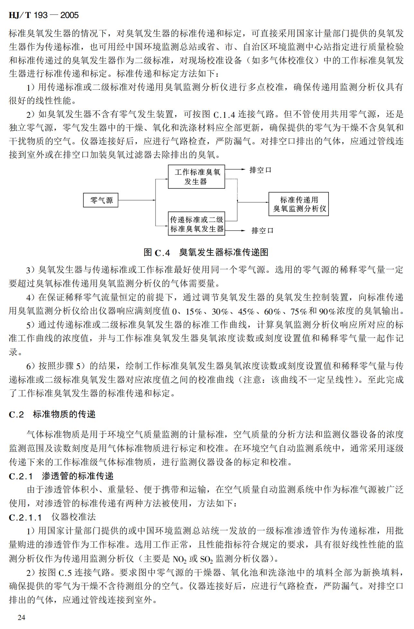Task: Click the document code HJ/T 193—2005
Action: [x=44, y=15]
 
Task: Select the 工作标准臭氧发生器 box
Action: [x=196, y=177]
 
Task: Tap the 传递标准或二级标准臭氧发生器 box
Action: [x=196, y=224]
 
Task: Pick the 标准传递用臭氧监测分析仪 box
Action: [x=299, y=204]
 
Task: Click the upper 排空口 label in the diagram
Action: [x=260, y=170]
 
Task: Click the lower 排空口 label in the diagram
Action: [x=262, y=230]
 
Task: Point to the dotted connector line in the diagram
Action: [x=237, y=188]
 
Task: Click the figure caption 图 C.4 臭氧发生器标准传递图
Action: [x=206, y=252]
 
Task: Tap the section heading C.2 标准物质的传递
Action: [x=52, y=414]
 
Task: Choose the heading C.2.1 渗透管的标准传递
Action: [x=61, y=476]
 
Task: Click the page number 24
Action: [x=22, y=617]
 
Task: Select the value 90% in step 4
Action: [x=327, y=311]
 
